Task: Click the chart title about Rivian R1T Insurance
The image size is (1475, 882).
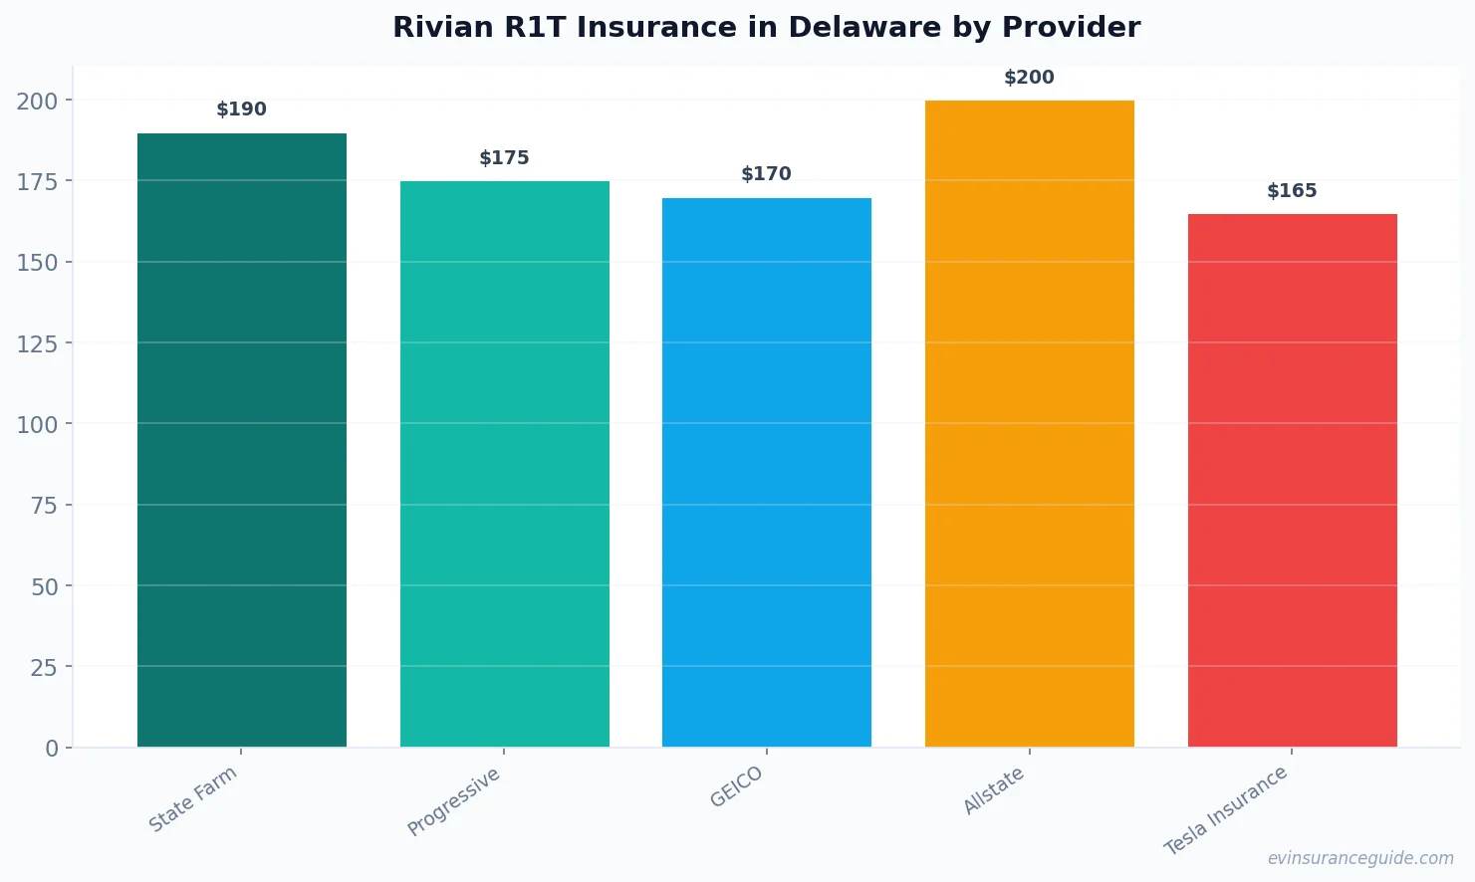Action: pyautogui.click(x=766, y=28)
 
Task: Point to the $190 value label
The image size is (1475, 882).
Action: pyautogui.click(x=242, y=110)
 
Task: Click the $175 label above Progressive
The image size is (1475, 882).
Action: pyautogui.click(x=504, y=158)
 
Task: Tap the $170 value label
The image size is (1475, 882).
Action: pyautogui.click(x=767, y=174)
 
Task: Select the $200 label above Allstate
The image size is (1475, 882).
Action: pyautogui.click(x=1029, y=78)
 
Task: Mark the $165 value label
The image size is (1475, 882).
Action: pyautogui.click(x=1292, y=191)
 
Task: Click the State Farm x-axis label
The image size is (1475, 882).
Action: pyautogui.click(x=193, y=798)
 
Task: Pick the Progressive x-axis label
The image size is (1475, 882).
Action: pyautogui.click(x=454, y=801)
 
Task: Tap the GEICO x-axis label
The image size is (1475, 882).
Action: pyautogui.click(x=737, y=786)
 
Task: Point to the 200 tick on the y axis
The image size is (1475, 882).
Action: pyautogui.click(x=37, y=101)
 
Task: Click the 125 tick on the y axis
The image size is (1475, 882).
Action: pyautogui.click(x=37, y=343)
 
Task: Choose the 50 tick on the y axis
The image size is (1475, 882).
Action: pyautogui.click(x=44, y=586)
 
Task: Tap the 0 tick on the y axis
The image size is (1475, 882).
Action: pyautogui.click(x=52, y=749)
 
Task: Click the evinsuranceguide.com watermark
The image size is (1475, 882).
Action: pyautogui.click(x=1360, y=858)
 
